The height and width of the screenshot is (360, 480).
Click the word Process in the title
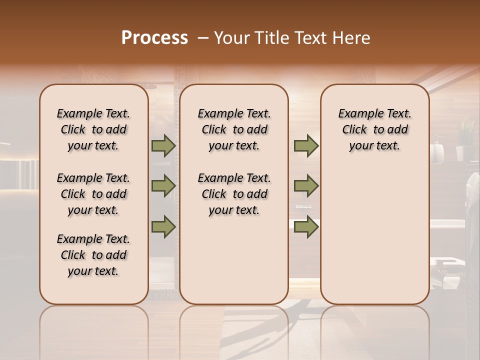pos(154,38)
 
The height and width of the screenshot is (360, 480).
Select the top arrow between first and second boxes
pos(163,145)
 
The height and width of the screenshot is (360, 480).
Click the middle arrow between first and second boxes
pos(163,186)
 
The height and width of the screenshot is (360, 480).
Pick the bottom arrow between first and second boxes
pos(163,226)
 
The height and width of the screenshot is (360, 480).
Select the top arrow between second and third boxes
pos(306,145)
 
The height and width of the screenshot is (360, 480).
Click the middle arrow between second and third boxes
pos(306,186)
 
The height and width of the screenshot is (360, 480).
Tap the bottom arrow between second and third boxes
pos(306,226)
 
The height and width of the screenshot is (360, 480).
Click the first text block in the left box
pos(93,129)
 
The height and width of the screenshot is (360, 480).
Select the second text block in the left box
pos(93,194)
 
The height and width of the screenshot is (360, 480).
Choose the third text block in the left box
pos(93,255)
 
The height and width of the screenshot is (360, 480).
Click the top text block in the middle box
pos(234,129)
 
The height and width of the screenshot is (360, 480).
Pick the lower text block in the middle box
pos(234,194)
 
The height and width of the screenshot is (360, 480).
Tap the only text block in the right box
pos(375,129)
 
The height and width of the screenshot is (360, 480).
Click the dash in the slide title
pos(202,38)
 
